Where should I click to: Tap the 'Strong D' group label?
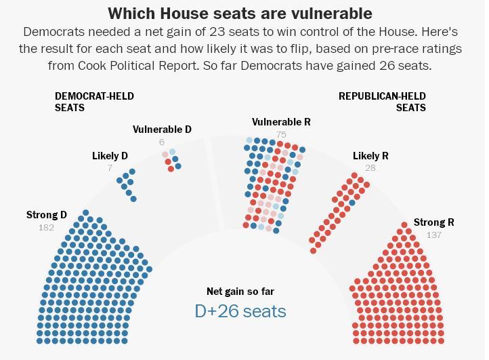click(x=47, y=215)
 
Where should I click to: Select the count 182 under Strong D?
click(x=46, y=228)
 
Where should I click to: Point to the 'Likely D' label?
click(x=110, y=156)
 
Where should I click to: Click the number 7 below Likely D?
click(x=110, y=168)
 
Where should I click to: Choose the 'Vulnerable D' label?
click(x=162, y=129)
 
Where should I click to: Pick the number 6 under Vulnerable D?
click(x=162, y=142)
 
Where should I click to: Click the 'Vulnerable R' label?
click(x=281, y=122)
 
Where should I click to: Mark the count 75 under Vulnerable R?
click(x=281, y=134)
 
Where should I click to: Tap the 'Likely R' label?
click(x=370, y=156)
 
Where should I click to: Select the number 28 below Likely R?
click(x=370, y=168)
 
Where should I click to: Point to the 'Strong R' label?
click(x=433, y=222)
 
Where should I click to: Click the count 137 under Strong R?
click(x=433, y=235)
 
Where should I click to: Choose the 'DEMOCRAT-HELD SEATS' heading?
click(x=94, y=102)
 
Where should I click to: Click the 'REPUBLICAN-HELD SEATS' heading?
click(x=382, y=102)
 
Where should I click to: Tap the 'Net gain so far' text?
click(x=240, y=292)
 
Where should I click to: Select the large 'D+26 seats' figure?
click(x=240, y=311)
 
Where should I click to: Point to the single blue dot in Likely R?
click(x=352, y=203)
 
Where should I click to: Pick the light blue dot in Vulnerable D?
click(x=173, y=152)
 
